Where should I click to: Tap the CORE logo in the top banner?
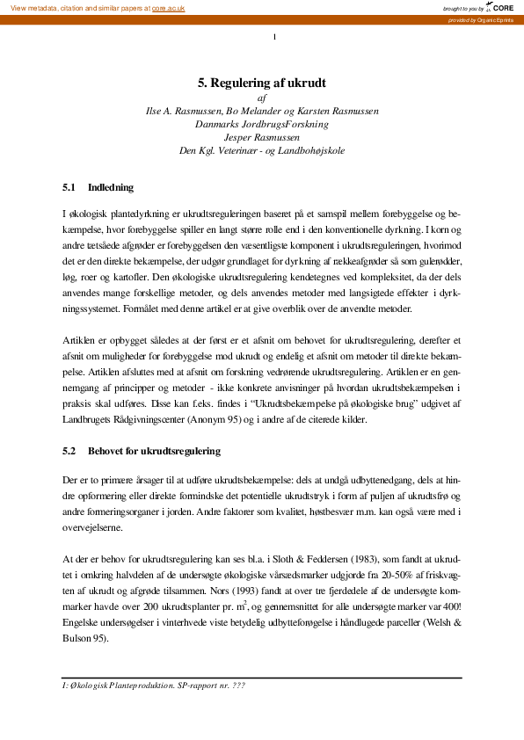(x=502, y=7)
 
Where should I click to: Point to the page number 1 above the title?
(x=275, y=36)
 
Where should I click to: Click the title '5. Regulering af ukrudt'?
(x=262, y=83)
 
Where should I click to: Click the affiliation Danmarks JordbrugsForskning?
(x=262, y=125)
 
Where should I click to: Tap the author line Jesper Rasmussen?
(x=262, y=138)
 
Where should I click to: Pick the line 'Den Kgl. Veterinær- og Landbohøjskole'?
(x=262, y=151)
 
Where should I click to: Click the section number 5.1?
(x=70, y=187)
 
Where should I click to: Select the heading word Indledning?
(x=111, y=187)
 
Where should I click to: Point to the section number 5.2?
(x=70, y=451)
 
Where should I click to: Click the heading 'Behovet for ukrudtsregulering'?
(x=154, y=451)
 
